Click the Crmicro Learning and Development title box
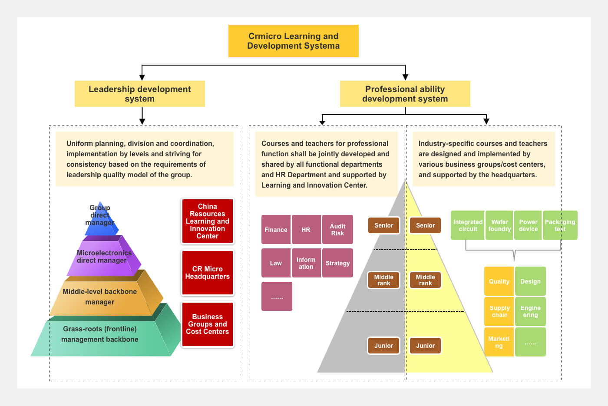click(x=293, y=41)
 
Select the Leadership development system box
click(x=139, y=94)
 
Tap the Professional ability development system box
click(x=405, y=94)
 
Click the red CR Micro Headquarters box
click(x=208, y=273)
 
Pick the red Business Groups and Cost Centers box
click(x=208, y=324)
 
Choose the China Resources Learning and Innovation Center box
click(x=208, y=221)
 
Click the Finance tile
click(x=276, y=230)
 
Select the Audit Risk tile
click(x=337, y=230)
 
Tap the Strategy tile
click(x=337, y=263)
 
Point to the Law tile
click(x=276, y=263)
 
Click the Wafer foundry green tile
click(x=499, y=225)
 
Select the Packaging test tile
click(x=560, y=225)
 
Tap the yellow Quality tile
click(x=499, y=281)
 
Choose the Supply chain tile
click(x=499, y=312)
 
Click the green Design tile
click(x=530, y=281)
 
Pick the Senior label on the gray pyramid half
click(x=383, y=225)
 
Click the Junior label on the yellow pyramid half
click(x=425, y=346)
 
